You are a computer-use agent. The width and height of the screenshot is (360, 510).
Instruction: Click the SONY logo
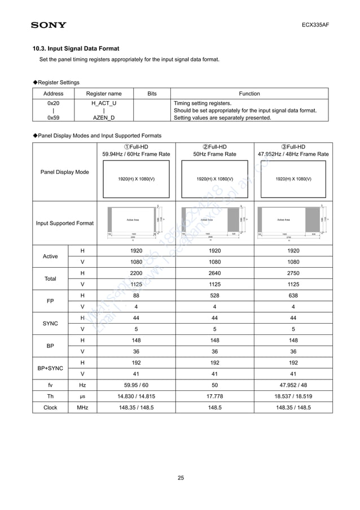point(49,25)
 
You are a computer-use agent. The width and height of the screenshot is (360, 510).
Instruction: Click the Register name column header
point(103,94)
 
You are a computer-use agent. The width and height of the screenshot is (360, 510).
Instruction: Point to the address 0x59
point(54,118)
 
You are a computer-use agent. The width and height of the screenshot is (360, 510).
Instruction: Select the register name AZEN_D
point(103,118)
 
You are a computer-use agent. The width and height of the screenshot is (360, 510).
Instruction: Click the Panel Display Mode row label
point(64,172)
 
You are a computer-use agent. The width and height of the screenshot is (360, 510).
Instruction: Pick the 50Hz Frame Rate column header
point(214,154)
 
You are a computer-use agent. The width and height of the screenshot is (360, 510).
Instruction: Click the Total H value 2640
point(214,273)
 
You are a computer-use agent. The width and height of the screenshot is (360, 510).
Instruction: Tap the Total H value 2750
point(293,273)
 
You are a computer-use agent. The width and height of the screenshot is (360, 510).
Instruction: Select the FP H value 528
point(214,295)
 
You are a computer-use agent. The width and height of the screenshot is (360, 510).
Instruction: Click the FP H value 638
point(293,295)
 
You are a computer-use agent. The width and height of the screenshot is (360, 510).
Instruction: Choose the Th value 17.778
point(214,396)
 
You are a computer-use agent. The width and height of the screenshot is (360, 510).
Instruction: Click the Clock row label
point(50,407)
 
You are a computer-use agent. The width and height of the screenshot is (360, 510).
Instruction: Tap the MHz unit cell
point(82,407)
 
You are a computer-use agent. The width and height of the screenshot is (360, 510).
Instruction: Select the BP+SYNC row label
point(50,368)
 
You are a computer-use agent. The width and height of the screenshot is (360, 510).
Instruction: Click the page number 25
point(181,478)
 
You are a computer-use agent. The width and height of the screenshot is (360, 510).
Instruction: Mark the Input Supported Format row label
point(64,223)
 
